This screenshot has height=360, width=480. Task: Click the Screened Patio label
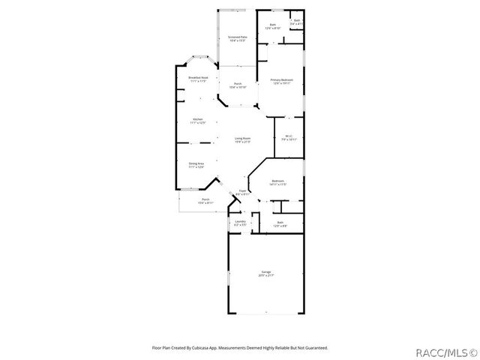tap(237, 37)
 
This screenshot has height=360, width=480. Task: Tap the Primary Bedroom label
tap(281, 79)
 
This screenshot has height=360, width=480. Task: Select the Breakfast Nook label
tap(198, 77)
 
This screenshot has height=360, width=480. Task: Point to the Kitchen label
tap(197, 119)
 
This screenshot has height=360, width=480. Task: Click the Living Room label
tap(242, 138)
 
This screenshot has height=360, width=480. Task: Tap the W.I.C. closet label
tap(289, 136)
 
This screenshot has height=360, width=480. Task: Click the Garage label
tap(266, 271)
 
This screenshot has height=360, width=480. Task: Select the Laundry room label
tap(240, 221)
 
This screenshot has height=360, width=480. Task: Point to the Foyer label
tap(241, 190)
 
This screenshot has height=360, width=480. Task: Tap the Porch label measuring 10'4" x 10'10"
tap(237, 84)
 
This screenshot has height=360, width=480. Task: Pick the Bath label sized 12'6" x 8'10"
tap(272, 25)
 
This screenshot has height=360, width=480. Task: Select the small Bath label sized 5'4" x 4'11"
tap(297, 20)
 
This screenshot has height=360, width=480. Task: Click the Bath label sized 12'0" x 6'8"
tap(280, 222)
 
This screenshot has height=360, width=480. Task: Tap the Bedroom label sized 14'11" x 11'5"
tap(277, 181)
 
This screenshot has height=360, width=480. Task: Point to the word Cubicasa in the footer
tap(202, 347)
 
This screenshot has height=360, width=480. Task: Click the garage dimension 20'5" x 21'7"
tap(266, 275)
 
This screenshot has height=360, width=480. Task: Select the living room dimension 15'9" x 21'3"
tap(242, 142)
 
